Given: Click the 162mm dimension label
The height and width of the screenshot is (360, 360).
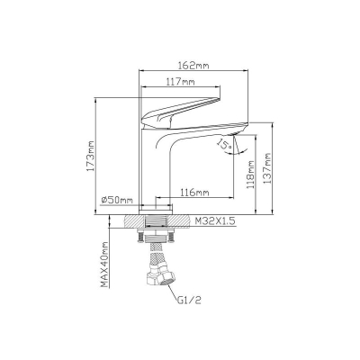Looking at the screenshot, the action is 193,66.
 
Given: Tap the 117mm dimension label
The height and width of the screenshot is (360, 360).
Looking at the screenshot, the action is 180,81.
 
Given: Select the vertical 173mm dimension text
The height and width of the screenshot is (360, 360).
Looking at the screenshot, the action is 90,156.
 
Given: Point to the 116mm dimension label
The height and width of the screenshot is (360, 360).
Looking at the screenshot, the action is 194,192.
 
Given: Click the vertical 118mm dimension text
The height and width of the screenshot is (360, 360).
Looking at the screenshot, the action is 250,175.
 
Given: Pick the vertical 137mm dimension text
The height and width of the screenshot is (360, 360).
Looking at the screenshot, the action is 266,168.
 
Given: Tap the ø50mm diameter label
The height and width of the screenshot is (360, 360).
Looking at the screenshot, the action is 117,200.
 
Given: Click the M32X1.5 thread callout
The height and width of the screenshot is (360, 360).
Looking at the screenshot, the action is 214,221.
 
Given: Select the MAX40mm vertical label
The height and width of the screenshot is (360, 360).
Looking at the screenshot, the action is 104,265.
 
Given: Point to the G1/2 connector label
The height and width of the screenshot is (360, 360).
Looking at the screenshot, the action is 189,300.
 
